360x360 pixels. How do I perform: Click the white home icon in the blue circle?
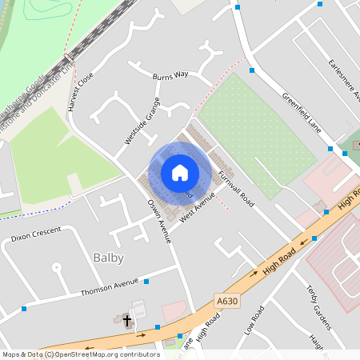pyautogui.click(x=179, y=172)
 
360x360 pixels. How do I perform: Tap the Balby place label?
pyautogui.click(x=108, y=258)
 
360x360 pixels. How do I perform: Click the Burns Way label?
pyautogui.click(x=170, y=74)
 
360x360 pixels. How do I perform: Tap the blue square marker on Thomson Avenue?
pyautogui.click(x=146, y=282)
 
